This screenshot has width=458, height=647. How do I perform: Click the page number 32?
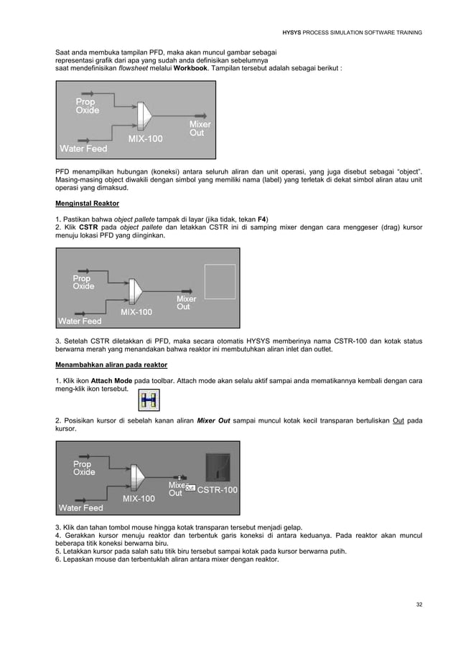click(x=419, y=605)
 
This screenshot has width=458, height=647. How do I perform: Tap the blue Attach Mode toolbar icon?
click(x=150, y=401)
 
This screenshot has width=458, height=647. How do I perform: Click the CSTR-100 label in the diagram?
click(x=217, y=490)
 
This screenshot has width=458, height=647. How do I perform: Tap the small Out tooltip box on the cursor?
click(x=190, y=488)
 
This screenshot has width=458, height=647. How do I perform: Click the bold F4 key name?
click(x=262, y=218)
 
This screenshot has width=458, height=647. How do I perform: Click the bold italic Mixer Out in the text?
click(x=213, y=420)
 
